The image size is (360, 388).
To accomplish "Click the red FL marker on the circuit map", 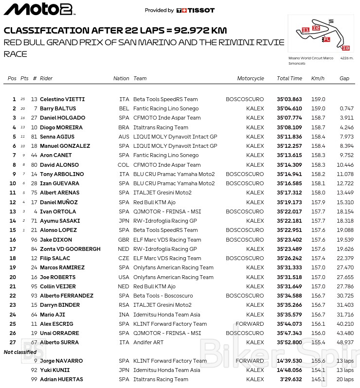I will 327,39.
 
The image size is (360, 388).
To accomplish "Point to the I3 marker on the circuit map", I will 346,48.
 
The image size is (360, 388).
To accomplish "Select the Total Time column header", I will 289,78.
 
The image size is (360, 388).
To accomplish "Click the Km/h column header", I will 318,78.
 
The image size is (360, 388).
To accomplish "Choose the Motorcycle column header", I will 251,78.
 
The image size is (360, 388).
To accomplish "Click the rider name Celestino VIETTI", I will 62,99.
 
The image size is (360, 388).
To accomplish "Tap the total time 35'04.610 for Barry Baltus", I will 289,108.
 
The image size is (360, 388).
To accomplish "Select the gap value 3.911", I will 346,118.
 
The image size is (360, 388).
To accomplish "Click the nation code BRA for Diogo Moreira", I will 124,127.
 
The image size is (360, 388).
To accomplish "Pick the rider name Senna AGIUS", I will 57,137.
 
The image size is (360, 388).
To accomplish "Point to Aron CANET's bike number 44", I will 34,155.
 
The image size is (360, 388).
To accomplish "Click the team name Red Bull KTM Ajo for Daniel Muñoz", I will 154,202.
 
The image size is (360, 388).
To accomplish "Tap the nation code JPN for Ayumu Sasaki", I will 124,221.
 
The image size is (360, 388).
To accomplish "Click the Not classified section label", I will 20,352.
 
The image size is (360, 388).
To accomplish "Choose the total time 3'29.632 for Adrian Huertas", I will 291,379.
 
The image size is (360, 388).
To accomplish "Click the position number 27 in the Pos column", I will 13,342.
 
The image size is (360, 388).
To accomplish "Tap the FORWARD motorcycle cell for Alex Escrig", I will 250,324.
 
